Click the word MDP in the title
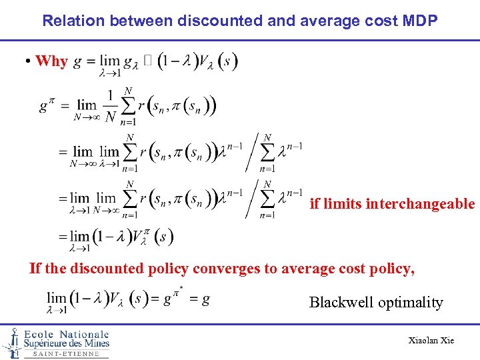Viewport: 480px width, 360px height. click(x=421, y=20)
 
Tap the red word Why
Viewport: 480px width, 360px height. click(x=51, y=61)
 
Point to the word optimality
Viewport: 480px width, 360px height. click(x=411, y=302)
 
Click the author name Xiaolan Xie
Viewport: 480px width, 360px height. click(x=431, y=341)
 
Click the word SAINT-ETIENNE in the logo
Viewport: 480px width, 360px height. click(x=66, y=354)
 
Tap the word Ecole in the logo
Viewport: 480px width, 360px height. click(x=39, y=335)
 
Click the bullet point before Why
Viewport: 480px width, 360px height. click(x=29, y=61)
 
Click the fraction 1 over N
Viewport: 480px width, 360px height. click(x=110, y=107)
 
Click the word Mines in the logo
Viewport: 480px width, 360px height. click(x=95, y=344)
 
